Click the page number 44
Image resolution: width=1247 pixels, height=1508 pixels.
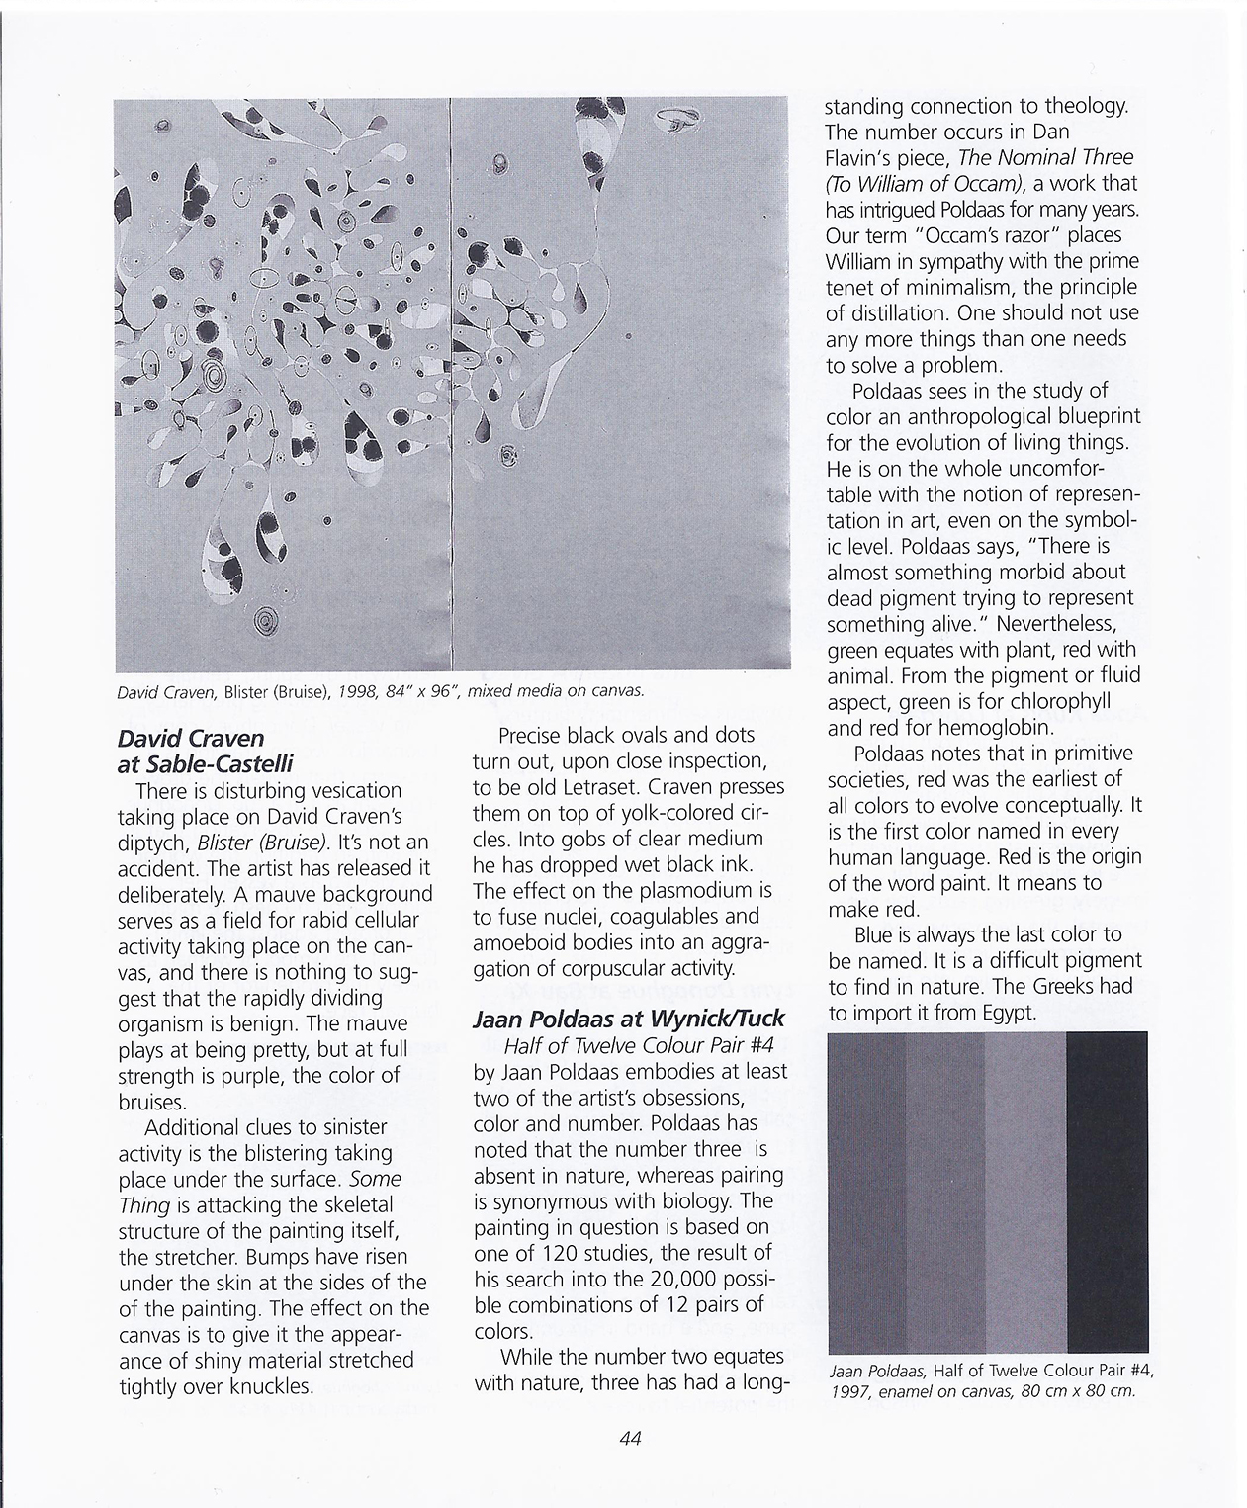point(630,1439)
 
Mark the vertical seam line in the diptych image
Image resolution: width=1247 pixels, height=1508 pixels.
point(451,396)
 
